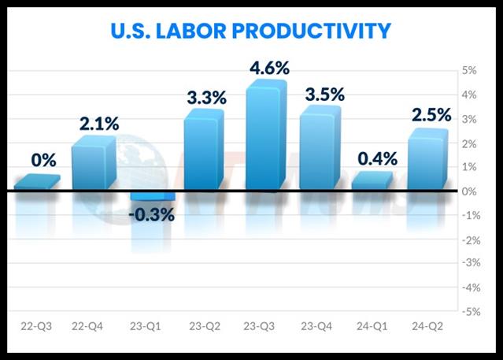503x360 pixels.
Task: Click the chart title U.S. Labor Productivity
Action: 252,30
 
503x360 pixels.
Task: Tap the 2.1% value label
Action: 98,123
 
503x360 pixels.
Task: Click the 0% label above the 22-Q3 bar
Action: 43,160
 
